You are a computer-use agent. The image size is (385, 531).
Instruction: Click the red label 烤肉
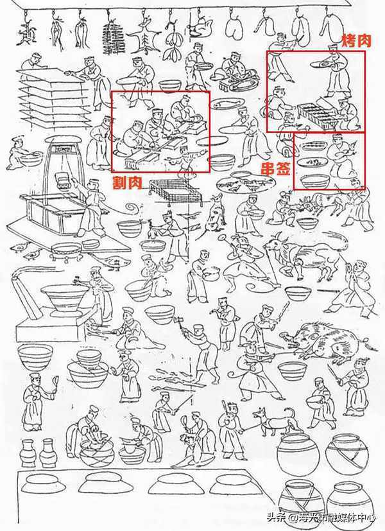click(x=357, y=41)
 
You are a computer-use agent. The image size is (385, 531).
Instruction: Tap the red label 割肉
click(x=127, y=183)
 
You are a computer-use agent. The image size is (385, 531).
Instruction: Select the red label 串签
click(x=275, y=168)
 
